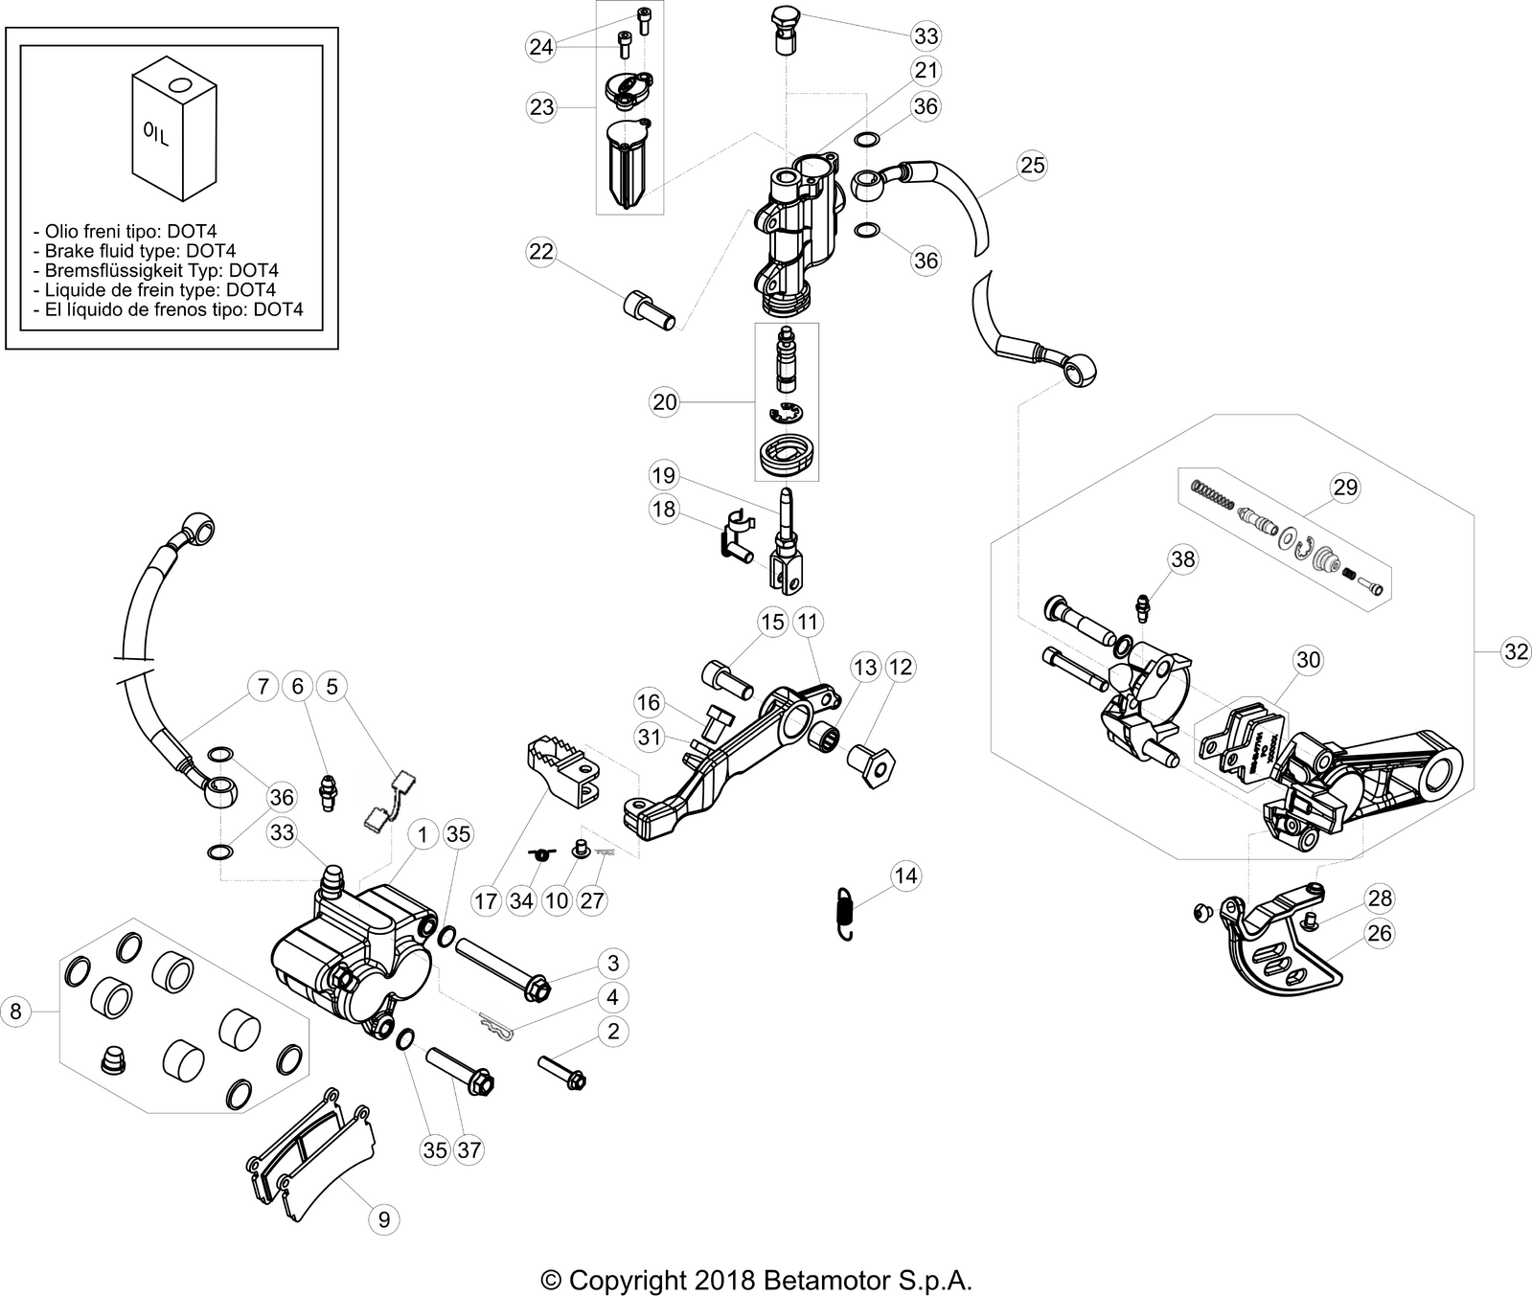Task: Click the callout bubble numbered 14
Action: coord(905,875)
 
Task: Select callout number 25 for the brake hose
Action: coord(1032,165)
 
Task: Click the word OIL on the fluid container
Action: coord(155,133)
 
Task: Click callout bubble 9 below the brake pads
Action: coord(383,1218)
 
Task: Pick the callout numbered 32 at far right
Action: coord(1516,652)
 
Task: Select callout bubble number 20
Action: coord(664,402)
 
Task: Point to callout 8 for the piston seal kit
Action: coord(14,1011)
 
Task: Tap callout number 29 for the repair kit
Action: coord(1345,488)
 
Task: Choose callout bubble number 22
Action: coord(541,251)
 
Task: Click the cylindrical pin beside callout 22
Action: coord(650,311)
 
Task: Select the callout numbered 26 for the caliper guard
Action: coord(1380,933)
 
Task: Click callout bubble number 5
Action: coord(332,687)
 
